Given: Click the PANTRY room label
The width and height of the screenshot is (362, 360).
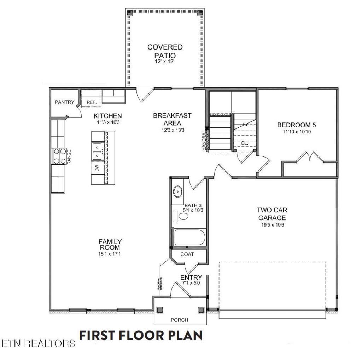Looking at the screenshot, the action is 64,102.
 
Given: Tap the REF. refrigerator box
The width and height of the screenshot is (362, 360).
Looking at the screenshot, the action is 91,99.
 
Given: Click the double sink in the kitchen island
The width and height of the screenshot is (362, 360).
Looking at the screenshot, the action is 98,152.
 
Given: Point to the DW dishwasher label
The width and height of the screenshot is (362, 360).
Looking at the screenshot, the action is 97,168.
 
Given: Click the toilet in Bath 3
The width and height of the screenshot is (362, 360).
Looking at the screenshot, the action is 181,216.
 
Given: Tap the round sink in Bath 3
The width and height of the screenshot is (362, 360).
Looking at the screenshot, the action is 177,192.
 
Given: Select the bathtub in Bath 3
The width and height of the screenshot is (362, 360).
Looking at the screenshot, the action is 189,237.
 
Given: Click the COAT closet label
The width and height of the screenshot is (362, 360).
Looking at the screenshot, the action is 187,254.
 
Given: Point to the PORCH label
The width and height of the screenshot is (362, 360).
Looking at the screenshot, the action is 179,320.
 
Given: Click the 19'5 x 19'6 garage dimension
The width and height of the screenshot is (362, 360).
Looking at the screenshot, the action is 273,225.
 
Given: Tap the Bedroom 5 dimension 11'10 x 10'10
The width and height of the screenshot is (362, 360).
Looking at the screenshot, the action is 297,132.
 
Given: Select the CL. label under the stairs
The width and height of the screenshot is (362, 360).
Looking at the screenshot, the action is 245,143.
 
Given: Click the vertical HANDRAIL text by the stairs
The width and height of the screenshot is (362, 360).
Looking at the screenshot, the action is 204,140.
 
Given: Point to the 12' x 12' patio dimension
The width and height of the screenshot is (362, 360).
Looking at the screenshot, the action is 164,62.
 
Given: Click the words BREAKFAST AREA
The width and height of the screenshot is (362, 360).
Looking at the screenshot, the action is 172,119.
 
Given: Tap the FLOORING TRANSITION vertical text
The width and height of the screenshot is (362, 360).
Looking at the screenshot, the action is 161,284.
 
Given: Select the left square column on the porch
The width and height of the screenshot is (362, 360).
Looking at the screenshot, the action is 159,310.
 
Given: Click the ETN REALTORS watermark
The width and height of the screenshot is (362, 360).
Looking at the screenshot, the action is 38,343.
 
